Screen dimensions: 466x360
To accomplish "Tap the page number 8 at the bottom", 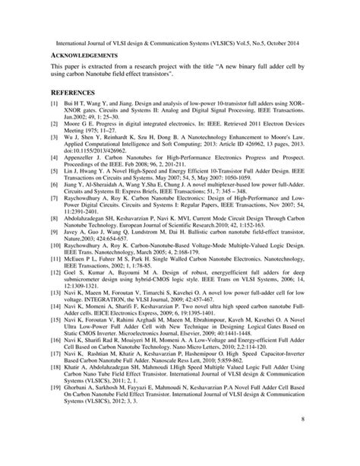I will [x=302, y=439].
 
